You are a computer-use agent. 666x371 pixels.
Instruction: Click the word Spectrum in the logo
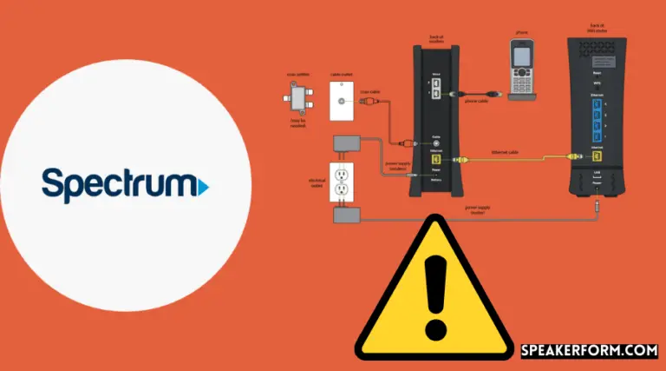tap(116, 186)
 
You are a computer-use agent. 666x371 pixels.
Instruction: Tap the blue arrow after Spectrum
tap(203, 186)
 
